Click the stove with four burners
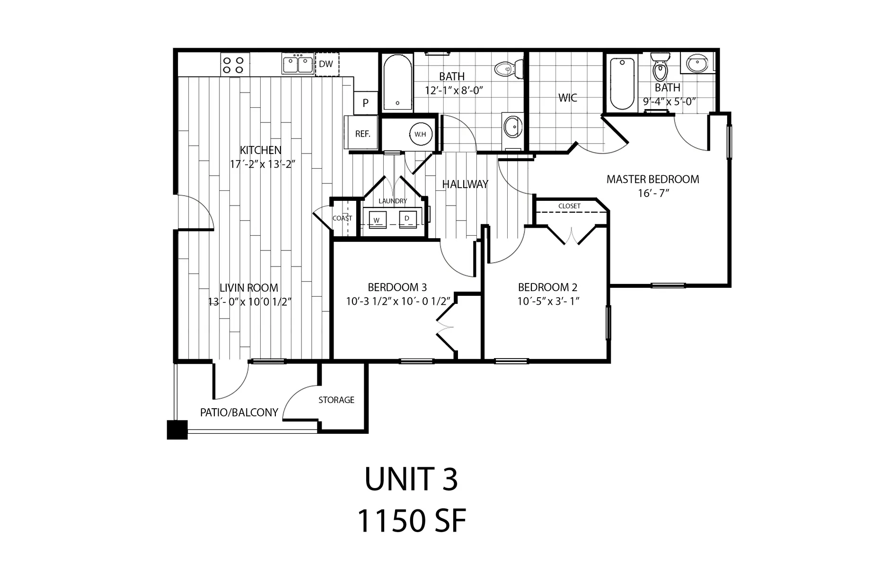(x=233, y=65)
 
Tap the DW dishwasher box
(x=326, y=64)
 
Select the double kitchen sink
(x=298, y=65)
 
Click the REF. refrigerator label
(x=362, y=134)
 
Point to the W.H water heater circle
(x=420, y=134)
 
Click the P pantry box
(x=366, y=103)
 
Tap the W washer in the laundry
(x=377, y=220)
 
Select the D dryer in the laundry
(x=407, y=219)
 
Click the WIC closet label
(x=567, y=98)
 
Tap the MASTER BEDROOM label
(x=652, y=180)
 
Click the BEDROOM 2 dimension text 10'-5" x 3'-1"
(x=548, y=301)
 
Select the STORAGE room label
(x=336, y=400)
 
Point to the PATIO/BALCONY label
(x=239, y=412)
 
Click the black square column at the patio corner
(x=177, y=430)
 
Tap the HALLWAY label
(x=465, y=185)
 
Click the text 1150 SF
(x=411, y=521)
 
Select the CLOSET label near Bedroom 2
(x=569, y=206)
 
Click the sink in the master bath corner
(x=696, y=63)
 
